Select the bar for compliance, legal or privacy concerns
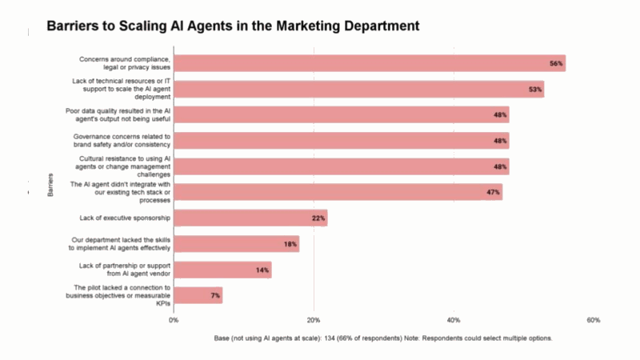click(369, 63)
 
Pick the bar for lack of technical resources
click(358, 89)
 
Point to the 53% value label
click(535, 89)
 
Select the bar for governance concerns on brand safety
click(341, 141)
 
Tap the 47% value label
click(493, 192)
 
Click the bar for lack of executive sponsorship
click(250, 218)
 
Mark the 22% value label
click(318, 218)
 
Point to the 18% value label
click(290, 244)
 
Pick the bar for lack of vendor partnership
click(222, 270)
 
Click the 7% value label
click(215, 295)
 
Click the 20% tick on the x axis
click(314, 320)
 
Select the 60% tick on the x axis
click(594, 320)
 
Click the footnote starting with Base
click(383, 338)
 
